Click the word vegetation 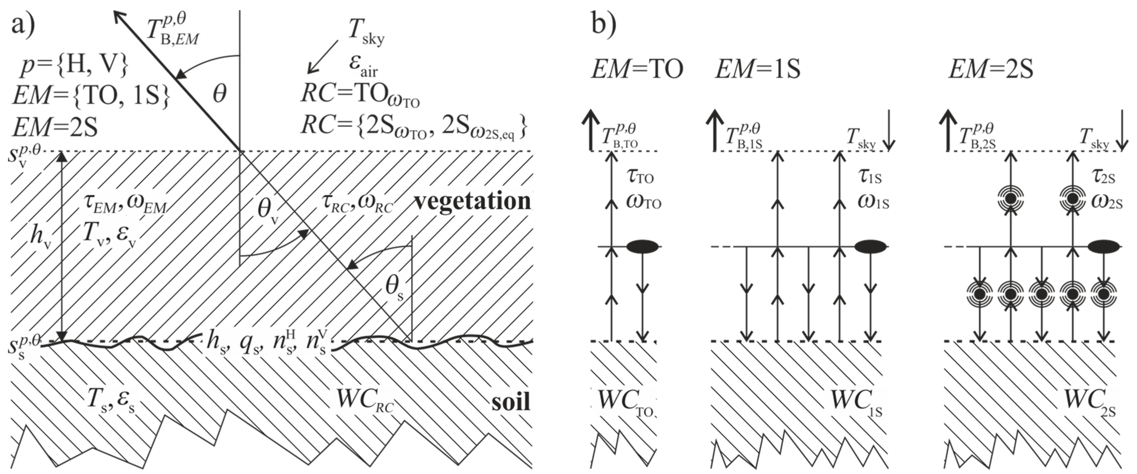[x=472, y=201]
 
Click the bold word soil [x=511, y=402]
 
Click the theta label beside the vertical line [x=219, y=94]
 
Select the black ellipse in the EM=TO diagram [x=643, y=246]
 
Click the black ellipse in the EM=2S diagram [x=1103, y=246]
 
